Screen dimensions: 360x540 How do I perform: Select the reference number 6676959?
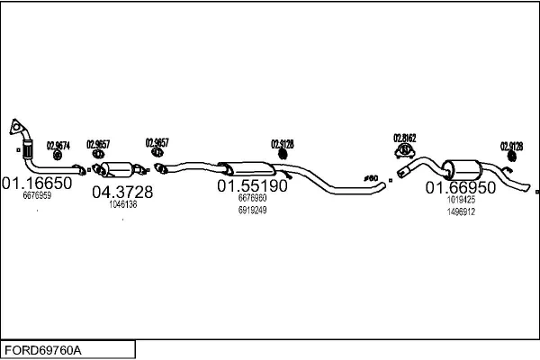click(x=37, y=195)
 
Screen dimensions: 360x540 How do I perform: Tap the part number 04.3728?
click(x=122, y=192)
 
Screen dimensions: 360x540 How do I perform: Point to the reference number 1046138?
click(x=122, y=204)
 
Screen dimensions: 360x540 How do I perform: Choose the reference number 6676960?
click(x=252, y=198)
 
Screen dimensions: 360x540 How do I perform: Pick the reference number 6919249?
click(x=252, y=210)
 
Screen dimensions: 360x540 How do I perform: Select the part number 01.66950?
click(x=460, y=187)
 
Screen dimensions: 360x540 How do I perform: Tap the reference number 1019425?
click(x=460, y=200)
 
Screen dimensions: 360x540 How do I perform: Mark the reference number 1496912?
click(x=460, y=211)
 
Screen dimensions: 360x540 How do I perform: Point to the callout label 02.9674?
click(x=58, y=145)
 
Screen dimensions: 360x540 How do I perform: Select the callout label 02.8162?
click(x=404, y=138)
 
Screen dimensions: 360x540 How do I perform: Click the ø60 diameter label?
click(x=369, y=178)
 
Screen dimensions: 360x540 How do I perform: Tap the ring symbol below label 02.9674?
click(x=58, y=156)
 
